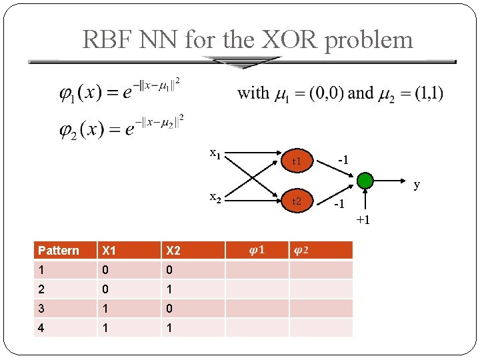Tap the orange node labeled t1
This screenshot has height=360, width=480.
click(297, 161)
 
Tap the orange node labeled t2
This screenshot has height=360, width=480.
click(297, 201)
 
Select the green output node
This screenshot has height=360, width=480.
click(365, 181)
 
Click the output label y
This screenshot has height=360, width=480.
click(417, 185)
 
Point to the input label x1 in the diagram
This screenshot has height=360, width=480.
click(215, 153)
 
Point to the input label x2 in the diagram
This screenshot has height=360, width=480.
click(215, 197)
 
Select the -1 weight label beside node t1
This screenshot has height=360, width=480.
click(343, 159)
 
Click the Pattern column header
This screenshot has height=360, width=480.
click(59, 251)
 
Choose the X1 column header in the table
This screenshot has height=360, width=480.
click(109, 251)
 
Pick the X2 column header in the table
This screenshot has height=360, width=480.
click(173, 251)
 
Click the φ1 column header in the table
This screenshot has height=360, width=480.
click(257, 250)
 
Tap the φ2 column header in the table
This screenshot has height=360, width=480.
click(301, 250)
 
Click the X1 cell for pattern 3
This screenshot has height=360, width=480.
click(105, 309)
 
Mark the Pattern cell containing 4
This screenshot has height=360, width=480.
click(41, 329)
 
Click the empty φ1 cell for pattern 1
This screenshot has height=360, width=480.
click(257, 270)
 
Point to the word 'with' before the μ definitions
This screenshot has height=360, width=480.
click(253, 93)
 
